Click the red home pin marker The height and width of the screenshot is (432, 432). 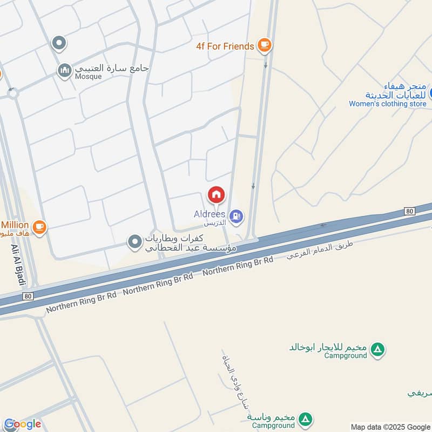(x=217, y=194)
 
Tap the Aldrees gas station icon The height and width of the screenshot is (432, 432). (x=236, y=217)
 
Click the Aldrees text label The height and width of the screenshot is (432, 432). (x=210, y=214)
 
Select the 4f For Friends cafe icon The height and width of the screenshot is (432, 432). (x=264, y=46)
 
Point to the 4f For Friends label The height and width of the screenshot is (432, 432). (x=225, y=46)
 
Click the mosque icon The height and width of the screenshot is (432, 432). (x=65, y=71)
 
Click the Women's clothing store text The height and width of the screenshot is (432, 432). (x=387, y=104)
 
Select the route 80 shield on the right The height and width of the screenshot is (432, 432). (x=409, y=211)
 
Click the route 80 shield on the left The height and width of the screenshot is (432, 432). (x=29, y=296)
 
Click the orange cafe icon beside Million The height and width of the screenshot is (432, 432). (x=39, y=228)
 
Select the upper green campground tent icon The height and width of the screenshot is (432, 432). (x=379, y=349)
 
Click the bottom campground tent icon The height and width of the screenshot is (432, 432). (x=306, y=420)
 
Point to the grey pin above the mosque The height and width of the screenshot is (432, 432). (x=59, y=42)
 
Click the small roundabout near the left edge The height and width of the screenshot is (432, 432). (x=12, y=93)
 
